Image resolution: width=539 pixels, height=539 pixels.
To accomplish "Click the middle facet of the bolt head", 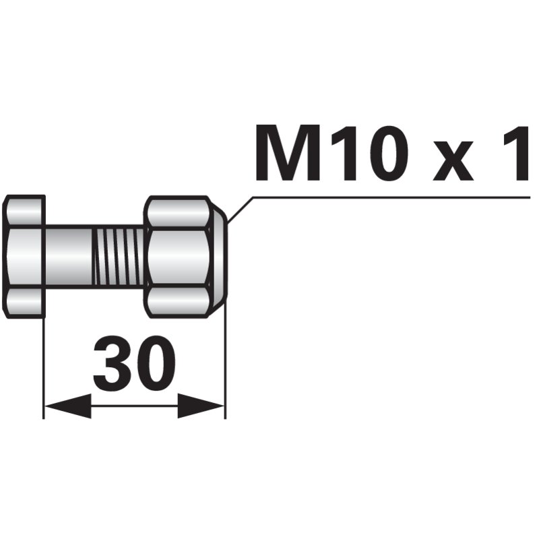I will click(24, 256).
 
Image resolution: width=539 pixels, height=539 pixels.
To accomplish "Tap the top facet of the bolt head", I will click(26, 211).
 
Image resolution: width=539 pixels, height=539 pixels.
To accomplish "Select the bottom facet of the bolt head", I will click(26, 301).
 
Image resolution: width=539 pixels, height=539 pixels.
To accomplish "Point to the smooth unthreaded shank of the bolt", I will click(67, 256).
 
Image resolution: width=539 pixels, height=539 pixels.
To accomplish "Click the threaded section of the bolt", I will click(118, 256).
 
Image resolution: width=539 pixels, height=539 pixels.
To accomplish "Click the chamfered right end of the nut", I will click(220, 256).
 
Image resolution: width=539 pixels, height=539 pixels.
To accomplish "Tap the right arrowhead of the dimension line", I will click(201, 406).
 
